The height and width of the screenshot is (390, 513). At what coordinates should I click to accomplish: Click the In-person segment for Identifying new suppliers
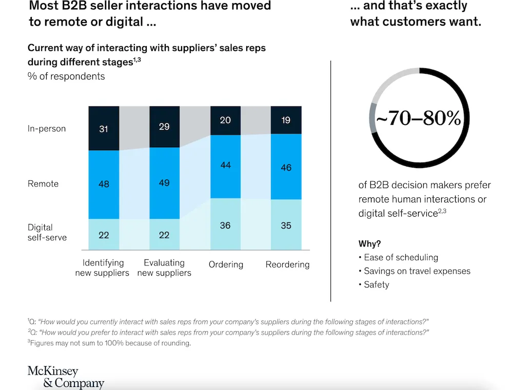click(104, 128)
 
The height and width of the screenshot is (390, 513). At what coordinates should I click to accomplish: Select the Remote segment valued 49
click(164, 183)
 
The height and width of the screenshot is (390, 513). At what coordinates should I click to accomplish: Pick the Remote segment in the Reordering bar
click(286, 167)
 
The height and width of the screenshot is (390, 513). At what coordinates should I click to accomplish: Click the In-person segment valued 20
click(225, 120)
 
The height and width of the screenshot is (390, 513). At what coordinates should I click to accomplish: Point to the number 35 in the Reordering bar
click(286, 225)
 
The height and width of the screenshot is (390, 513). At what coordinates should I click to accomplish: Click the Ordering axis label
click(226, 264)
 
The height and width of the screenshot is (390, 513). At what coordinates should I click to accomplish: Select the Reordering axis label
click(287, 264)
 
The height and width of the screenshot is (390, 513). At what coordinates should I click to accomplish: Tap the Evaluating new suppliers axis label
click(164, 268)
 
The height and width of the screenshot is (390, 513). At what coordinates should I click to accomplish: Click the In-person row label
click(47, 129)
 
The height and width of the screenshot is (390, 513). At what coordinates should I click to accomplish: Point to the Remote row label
click(43, 183)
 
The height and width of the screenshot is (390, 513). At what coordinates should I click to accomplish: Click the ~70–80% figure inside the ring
click(419, 118)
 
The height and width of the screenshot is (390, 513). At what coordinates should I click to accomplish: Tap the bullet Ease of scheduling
click(401, 257)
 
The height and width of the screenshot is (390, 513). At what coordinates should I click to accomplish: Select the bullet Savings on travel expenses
click(417, 271)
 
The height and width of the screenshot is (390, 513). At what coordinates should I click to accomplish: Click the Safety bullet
click(376, 284)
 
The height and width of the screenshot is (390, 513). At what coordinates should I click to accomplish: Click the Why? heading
click(369, 243)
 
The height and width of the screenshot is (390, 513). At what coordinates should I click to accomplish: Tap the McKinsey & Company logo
click(66, 377)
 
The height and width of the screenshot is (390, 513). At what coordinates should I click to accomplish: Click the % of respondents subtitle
click(66, 76)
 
